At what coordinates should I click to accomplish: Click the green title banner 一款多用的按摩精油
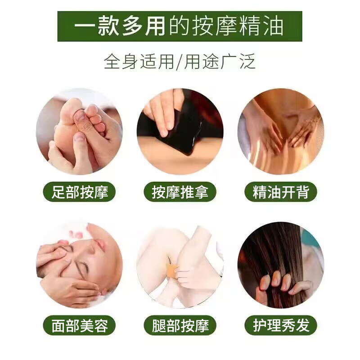click(x=180, y=26)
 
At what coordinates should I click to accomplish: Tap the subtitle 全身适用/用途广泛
click(x=180, y=61)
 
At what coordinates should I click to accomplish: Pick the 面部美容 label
click(x=79, y=325)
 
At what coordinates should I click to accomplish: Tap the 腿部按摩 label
click(x=180, y=325)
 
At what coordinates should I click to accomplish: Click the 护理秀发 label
click(x=281, y=325)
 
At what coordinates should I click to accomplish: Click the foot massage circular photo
click(x=79, y=131)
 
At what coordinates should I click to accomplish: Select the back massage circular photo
click(x=281, y=131)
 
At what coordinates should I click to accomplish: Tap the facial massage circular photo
click(x=79, y=265)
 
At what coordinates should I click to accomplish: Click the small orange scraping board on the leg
click(x=171, y=270)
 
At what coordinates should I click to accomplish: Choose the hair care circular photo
click(x=281, y=265)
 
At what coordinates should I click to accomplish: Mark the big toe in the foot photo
click(x=72, y=110)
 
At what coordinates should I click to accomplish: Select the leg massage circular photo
click(x=180, y=265)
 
